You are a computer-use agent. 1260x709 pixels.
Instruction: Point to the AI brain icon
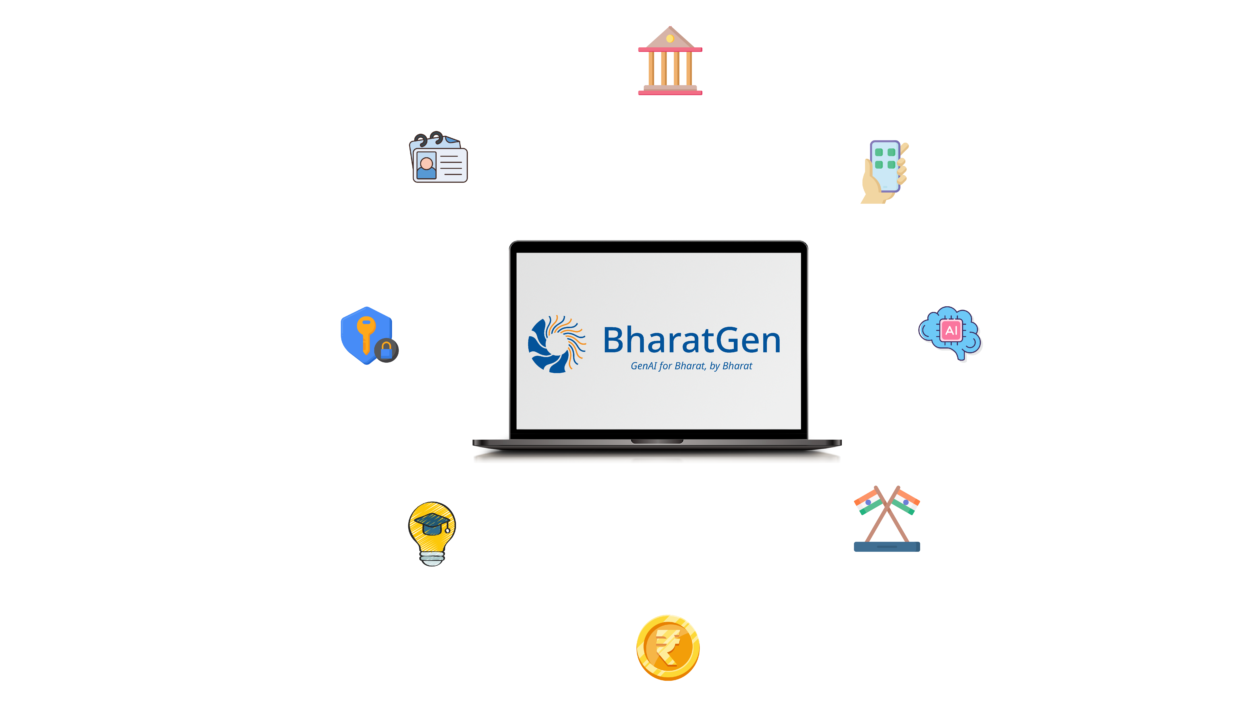pos(950,333)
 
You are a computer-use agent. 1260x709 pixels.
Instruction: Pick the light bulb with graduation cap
pos(432,533)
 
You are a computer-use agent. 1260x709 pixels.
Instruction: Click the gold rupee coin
pos(668,647)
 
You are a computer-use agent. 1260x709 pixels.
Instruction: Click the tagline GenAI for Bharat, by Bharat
pos(691,366)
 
